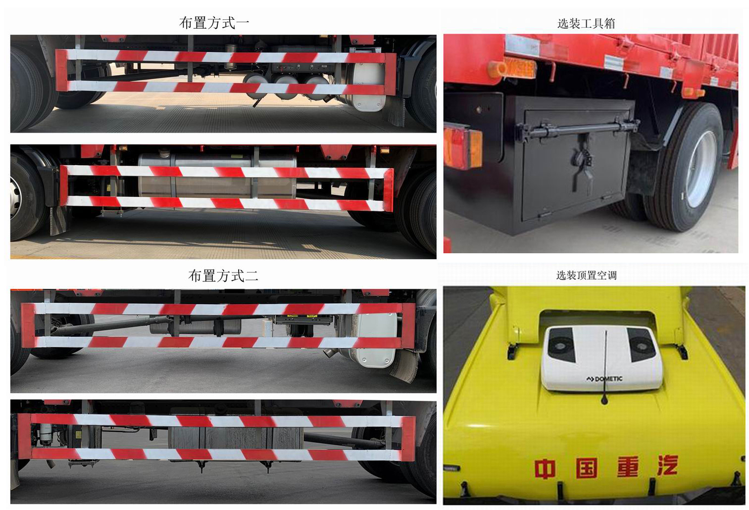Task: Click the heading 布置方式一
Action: (214, 23)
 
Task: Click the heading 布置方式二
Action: (223, 276)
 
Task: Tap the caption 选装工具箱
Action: (586, 23)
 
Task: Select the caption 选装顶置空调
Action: (586, 276)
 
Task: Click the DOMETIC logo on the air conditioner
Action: (604, 379)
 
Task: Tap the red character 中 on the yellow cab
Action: (545, 468)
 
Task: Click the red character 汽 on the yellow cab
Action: (667, 465)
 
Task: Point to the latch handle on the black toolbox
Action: (583, 167)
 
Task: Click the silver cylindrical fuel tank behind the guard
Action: (217, 175)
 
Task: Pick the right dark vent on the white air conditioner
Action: (640, 344)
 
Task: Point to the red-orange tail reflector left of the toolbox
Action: (463, 146)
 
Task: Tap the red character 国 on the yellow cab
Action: (587, 468)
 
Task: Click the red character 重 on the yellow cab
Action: (628, 466)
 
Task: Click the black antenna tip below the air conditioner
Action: (604, 400)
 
